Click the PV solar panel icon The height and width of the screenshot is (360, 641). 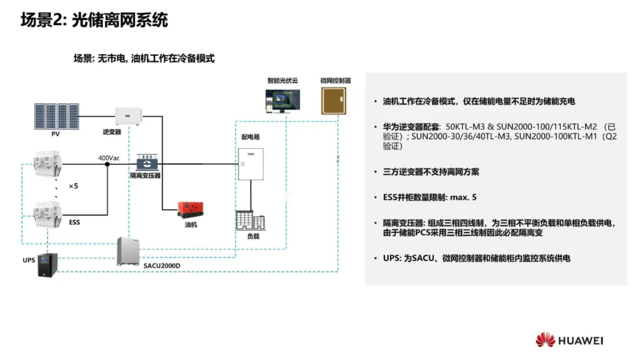(56, 116)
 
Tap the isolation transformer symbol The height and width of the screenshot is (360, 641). (145, 163)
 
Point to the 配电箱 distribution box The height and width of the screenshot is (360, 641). (250, 164)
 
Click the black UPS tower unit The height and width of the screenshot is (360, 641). (47, 265)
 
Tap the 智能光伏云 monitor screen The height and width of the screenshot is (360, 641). (283, 101)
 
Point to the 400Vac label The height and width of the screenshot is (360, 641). (109, 158)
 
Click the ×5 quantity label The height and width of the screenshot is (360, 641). (74, 186)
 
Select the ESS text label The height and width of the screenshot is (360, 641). (75, 222)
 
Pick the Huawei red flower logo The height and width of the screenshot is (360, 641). (545, 340)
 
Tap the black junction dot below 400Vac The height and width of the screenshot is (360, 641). (107, 165)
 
